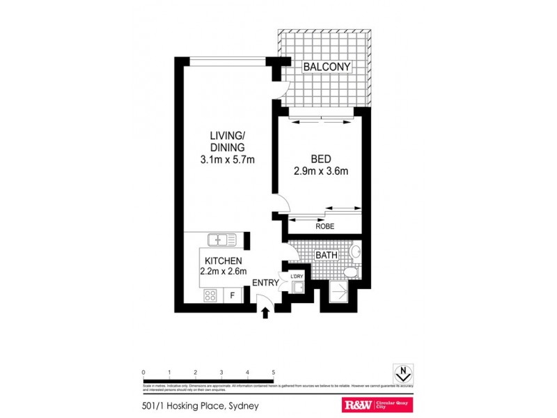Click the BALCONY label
pos(327,67)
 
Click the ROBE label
pos(325,226)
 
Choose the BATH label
pos(327,255)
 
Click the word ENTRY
pos(265,283)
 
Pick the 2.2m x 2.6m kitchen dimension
pos(223,272)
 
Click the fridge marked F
pos(233,296)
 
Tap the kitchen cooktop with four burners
pos(211,295)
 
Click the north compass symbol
pos(402,373)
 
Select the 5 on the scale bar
pos(274,372)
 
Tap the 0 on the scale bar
pos(143,372)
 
